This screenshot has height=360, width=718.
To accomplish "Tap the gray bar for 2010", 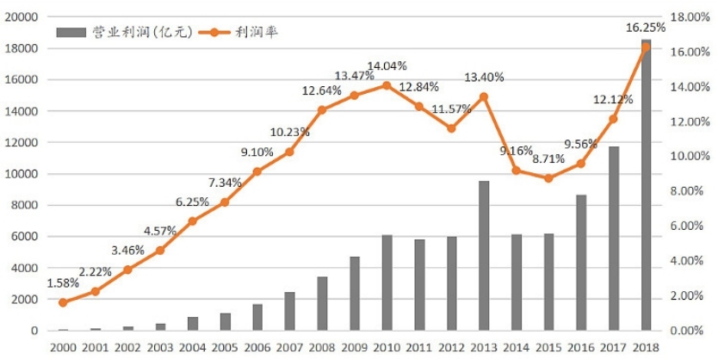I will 387,283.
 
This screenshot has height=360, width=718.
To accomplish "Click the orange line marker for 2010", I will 387,85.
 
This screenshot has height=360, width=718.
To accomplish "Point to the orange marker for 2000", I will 63,302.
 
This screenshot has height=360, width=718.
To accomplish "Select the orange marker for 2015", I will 548,178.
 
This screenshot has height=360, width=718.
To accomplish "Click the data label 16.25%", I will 646,28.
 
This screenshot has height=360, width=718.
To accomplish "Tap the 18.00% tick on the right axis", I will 689,17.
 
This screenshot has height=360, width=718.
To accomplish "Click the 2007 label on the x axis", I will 290,347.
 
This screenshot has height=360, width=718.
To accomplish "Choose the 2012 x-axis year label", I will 451,347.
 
